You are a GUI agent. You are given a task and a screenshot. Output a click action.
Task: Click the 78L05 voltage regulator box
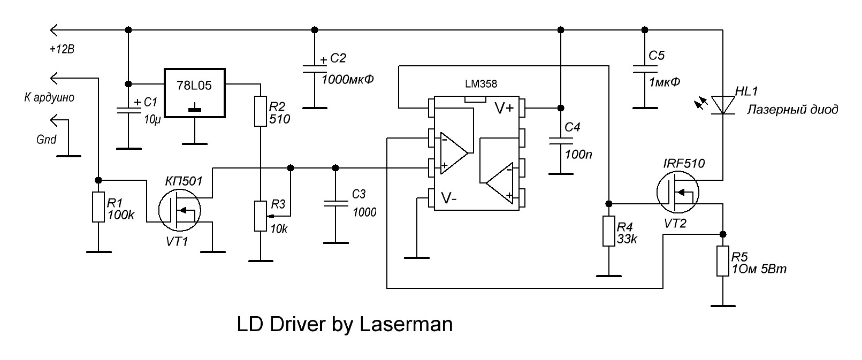click(194, 93)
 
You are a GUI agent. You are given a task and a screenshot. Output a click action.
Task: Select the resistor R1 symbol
click(98, 208)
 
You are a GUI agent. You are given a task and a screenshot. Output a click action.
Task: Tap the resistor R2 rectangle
click(260, 111)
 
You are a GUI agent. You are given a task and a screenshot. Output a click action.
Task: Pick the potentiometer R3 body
click(260, 216)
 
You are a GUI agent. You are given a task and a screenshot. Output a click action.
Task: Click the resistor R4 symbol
click(609, 231)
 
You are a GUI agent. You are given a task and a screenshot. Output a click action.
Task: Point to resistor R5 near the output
click(723, 261)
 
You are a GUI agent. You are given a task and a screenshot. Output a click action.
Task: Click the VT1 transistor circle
click(179, 210)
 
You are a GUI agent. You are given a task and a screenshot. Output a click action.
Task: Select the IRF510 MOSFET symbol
click(677, 193)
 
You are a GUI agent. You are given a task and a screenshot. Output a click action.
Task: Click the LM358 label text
click(481, 84)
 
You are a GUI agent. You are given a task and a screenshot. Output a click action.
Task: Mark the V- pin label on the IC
click(449, 198)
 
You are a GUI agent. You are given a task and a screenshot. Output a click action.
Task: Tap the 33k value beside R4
click(628, 239)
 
